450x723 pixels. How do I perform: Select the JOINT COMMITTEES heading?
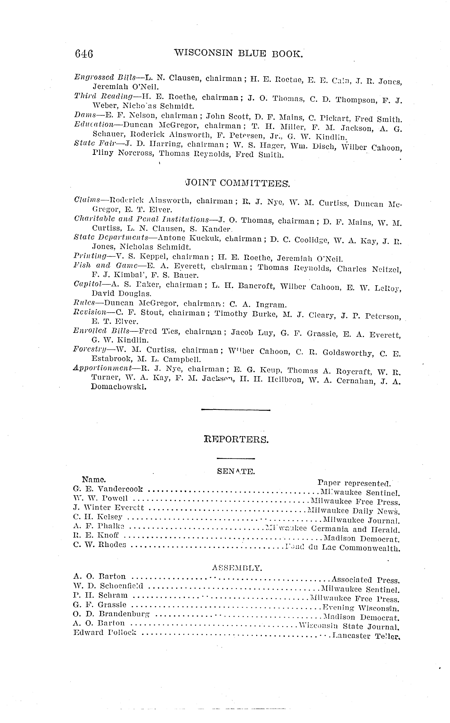pos(237,183)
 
